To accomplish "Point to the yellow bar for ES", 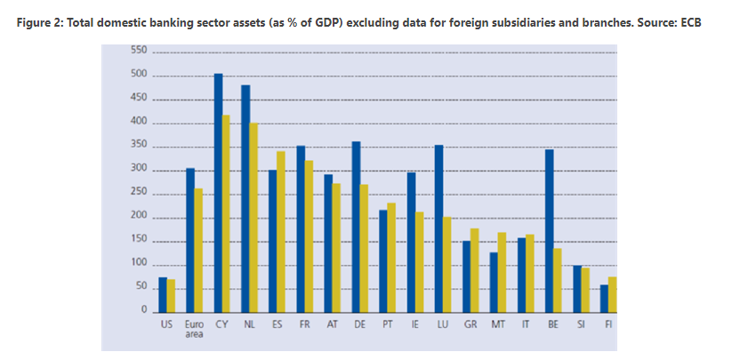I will click(281, 232).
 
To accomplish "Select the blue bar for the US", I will click(163, 295).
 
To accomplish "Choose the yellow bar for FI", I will click(612, 295).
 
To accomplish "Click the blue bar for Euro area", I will click(190, 240).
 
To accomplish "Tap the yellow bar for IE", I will click(419, 262).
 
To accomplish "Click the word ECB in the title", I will click(689, 20).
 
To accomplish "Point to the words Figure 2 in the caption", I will click(40, 20).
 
